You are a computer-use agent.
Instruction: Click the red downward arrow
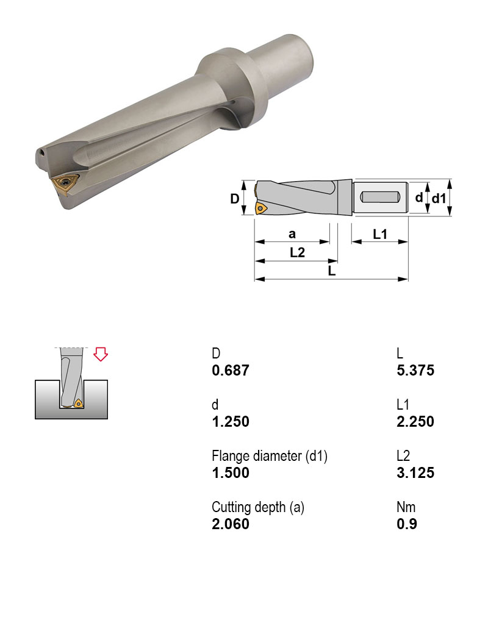pyautogui.click(x=101, y=354)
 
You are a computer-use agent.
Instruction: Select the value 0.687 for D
pyautogui.click(x=231, y=371)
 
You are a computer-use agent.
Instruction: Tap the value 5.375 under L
pyautogui.click(x=415, y=371)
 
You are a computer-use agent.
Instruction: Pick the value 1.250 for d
pyautogui.click(x=231, y=422)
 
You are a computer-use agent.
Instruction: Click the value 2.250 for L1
pyautogui.click(x=415, y=422)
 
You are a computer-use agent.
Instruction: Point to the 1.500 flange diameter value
pyautogui.click(x=231, y=472)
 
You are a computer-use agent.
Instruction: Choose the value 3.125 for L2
pyautogui.click(x=415, y=472)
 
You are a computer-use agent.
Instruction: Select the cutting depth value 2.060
pyautogui.click(x=231, y=524)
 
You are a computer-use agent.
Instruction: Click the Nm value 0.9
pyautogui.click(x=407, y=524)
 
